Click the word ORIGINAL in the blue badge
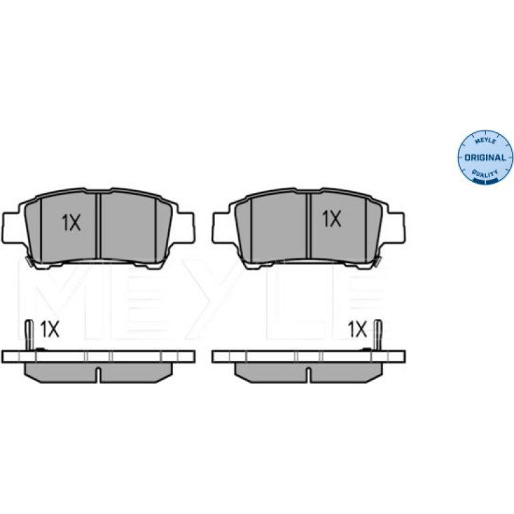tap(485, 158)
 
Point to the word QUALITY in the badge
tap(485, 174)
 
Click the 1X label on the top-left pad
tap(71, 222)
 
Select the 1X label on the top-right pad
tap(332, 219)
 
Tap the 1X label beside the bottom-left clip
tap(49, 329)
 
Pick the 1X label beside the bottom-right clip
tap(357, 329)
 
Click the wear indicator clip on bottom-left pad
tap(29, 334)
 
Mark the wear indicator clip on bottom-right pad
tap(378, 334)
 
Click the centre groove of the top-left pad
tap(98, 226)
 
